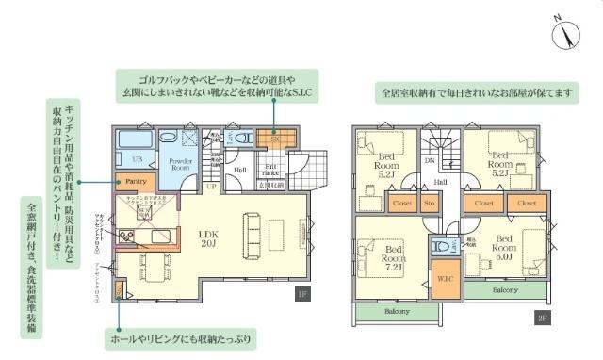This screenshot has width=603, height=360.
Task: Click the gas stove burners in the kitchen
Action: tap(125, 236)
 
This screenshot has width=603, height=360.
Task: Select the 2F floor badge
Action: tap(544, 318)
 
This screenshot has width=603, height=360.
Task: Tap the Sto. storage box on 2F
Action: tap(430, 202)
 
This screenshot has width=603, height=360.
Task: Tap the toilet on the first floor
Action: tap(243, 139)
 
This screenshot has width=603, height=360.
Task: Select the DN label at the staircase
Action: tap(431, 160)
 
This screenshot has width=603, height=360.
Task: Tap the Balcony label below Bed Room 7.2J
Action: tap(397, 312)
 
